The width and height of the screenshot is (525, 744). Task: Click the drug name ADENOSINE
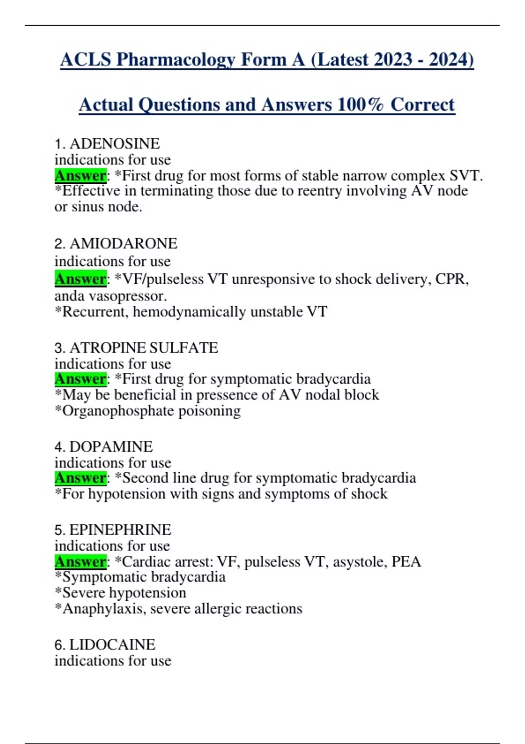tap(115, 144)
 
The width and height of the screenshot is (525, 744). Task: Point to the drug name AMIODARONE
tap(123, 243)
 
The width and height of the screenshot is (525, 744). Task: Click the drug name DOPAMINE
tap(111, 446)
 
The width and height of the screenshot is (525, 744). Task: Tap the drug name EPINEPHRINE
tap(120, 530)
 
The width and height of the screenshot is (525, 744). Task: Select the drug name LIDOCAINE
tap(112, 645)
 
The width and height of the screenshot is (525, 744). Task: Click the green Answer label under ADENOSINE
tap(80, 175)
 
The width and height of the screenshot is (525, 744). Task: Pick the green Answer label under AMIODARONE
tap(80, 279)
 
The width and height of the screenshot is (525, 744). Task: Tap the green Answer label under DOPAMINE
tap(80, 478)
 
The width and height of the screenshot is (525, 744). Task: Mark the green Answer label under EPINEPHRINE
tap(80, 562)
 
